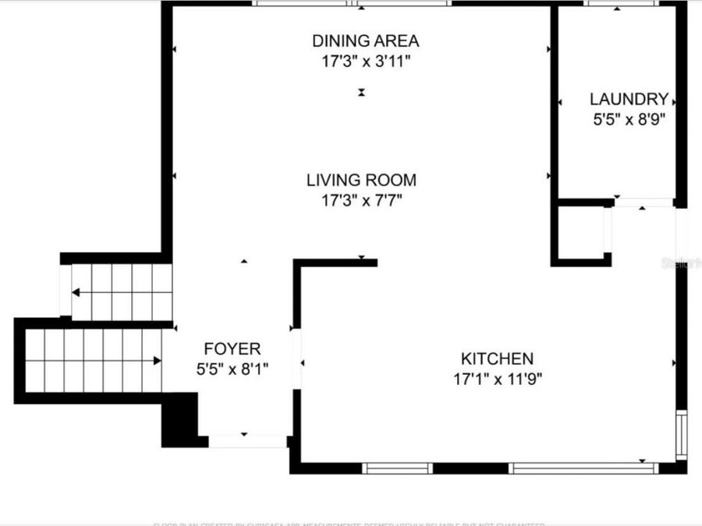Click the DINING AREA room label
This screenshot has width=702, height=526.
[365, 41]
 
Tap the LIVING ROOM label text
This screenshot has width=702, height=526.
[361, 180]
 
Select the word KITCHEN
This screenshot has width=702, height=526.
[497, 358]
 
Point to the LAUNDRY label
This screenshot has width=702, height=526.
[629, 99]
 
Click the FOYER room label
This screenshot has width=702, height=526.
[232, 348]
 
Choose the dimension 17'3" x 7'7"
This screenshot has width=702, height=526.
[361, 201]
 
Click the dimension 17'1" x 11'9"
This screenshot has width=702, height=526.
[497, 379]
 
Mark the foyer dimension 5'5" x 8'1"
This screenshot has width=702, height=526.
[232, 369]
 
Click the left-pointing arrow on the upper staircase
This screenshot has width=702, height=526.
[76, 292]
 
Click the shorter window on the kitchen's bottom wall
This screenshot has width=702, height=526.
[397, 468]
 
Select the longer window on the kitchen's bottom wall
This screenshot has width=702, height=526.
[583, 468]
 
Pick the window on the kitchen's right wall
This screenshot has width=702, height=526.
[681, 435]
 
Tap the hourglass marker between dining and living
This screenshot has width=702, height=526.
[361, 92]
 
